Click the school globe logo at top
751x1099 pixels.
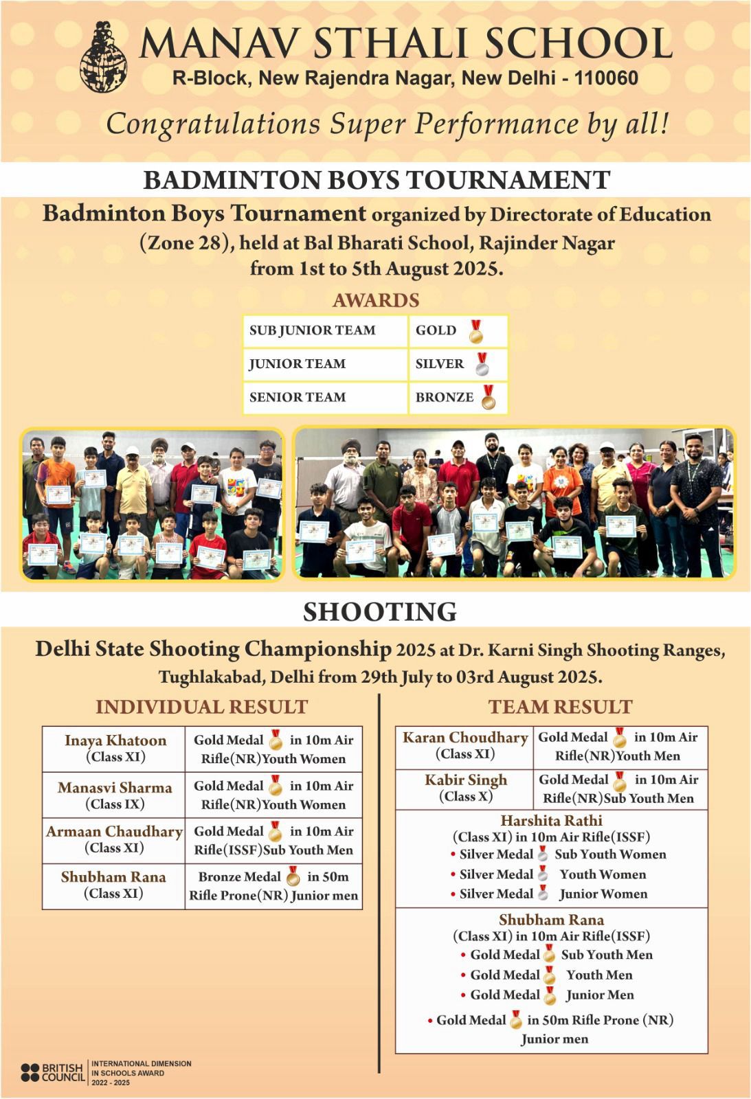click(x=104, y=57)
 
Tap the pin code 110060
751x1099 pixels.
click(x=606, y=78)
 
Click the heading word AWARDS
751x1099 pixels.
click(x=376, y=300)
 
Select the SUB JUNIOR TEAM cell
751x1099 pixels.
click(x=313, y=330)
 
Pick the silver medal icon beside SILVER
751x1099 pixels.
click(x=482, y=364)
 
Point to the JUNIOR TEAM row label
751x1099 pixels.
click(x=298, y=364)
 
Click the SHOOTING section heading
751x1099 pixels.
click(x=380, y=611)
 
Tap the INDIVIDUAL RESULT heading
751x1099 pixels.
click(x=201, y=707)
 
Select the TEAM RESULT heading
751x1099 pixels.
click(x=560, y=707)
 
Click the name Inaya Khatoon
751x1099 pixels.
click(x=115, y=740)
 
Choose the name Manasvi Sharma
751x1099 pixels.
click(x=115, y=788)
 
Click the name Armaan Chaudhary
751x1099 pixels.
click(x=115, y=832)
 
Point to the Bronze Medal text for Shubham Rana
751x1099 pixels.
click(x=239, y=877)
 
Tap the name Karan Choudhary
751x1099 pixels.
click(x=465, y=738)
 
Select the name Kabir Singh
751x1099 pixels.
click(x=466, y=780)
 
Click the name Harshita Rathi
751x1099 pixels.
click(x=551, y=821)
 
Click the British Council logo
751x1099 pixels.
click(x=53, y=1072)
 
